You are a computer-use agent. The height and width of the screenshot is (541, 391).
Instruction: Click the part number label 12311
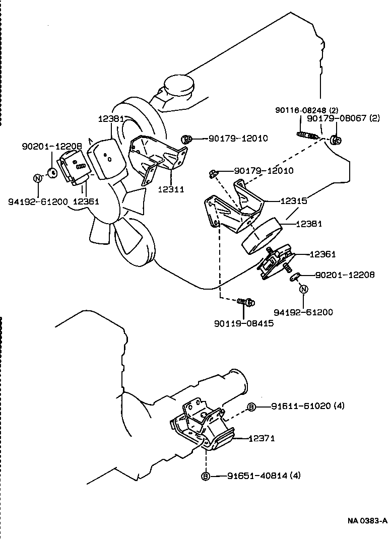170,189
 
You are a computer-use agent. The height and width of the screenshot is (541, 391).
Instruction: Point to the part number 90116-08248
301,110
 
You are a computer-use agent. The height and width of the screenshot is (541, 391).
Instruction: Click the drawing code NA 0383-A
366,520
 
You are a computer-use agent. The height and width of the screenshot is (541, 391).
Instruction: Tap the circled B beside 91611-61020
251,407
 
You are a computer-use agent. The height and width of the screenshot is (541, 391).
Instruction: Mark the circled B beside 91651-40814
206,476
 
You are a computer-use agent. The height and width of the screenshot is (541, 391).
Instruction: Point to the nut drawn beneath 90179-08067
337,139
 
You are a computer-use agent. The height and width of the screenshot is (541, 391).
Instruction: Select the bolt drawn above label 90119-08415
246,302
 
